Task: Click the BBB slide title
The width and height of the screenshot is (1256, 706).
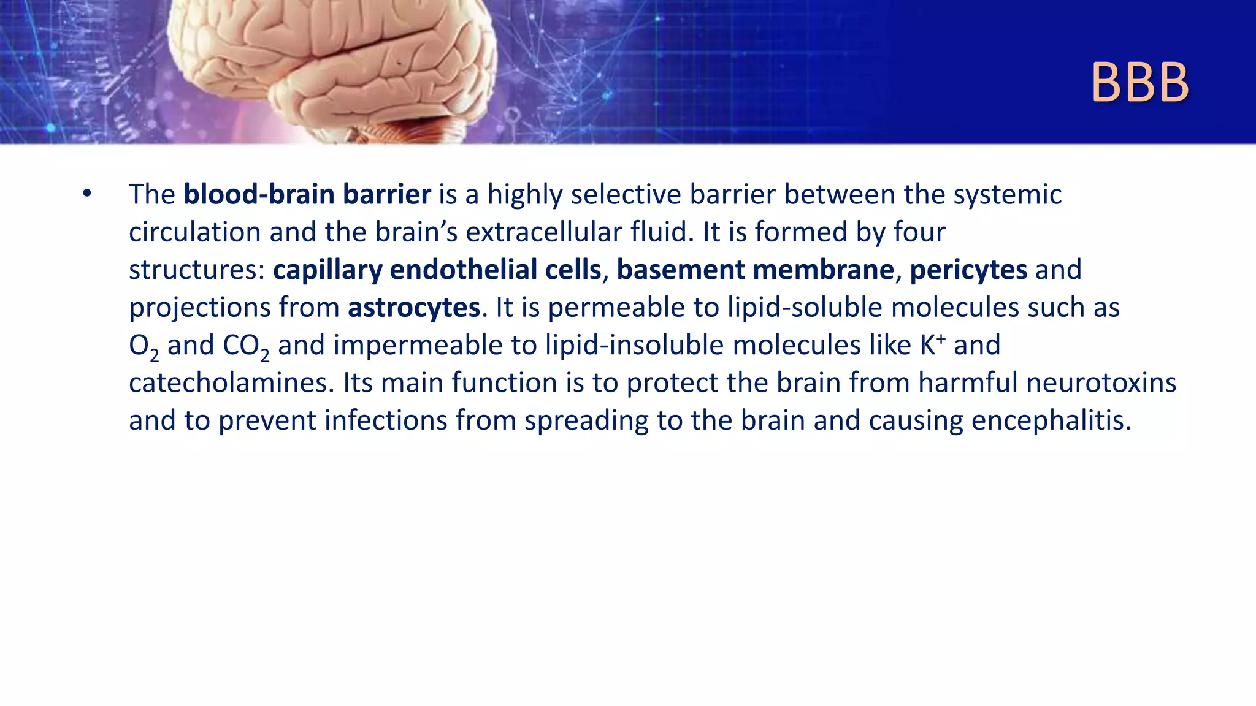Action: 1139,83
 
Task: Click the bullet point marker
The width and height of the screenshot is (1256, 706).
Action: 87,194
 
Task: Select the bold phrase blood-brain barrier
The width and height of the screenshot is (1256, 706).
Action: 307,194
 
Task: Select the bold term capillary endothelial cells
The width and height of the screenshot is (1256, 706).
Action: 437,270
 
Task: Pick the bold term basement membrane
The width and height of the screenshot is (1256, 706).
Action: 755,270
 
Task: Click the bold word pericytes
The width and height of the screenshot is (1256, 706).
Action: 968,270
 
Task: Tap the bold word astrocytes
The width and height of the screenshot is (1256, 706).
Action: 413,308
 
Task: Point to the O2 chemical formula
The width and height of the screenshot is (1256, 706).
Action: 144,346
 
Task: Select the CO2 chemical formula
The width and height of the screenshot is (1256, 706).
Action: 245,346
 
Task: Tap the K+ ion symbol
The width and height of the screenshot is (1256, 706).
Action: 932,344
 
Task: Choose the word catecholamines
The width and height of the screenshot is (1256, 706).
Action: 231,383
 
